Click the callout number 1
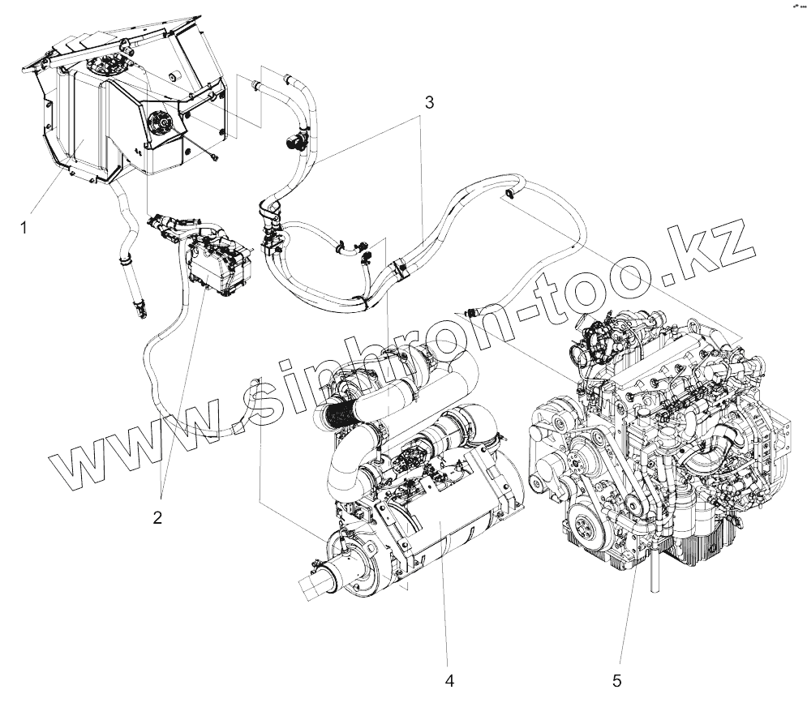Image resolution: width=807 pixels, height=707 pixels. tap(24, 228)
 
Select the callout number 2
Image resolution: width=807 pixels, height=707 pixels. tap(157, 516)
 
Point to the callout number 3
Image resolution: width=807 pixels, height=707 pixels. tap(429, 103)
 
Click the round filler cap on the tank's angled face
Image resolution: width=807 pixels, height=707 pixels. tap(159, 123)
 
